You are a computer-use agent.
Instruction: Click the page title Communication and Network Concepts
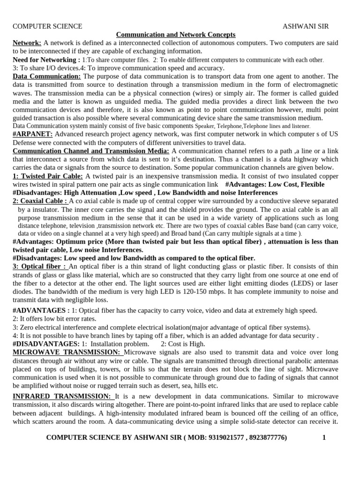point(176,35)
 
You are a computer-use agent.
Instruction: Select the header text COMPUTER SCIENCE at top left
point(47,26)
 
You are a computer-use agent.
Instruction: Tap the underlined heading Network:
point(27,43)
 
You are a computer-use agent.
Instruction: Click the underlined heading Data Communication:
point(47,76)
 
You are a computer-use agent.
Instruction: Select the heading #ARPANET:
point(32,134)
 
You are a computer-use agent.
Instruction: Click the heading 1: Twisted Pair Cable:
point(48,176)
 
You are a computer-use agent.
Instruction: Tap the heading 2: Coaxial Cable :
point(40,201)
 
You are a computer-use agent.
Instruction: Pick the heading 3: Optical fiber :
point(40,267)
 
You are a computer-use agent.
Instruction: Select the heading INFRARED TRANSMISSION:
point(62,397)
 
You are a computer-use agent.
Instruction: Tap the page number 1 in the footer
point(323,437)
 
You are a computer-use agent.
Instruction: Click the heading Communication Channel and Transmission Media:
point(91,151)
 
